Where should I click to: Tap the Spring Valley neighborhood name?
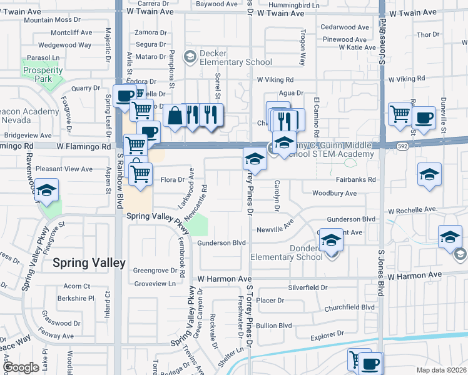point(89,263)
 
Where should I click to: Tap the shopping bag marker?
point(175,116)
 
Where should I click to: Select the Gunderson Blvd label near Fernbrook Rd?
point(221,242)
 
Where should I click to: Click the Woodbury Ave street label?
point(334,193)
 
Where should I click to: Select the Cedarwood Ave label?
point(344,27)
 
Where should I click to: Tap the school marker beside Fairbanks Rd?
point(429,174)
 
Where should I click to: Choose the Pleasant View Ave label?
point(64,169)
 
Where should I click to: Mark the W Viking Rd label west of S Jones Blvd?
point(275,80)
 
